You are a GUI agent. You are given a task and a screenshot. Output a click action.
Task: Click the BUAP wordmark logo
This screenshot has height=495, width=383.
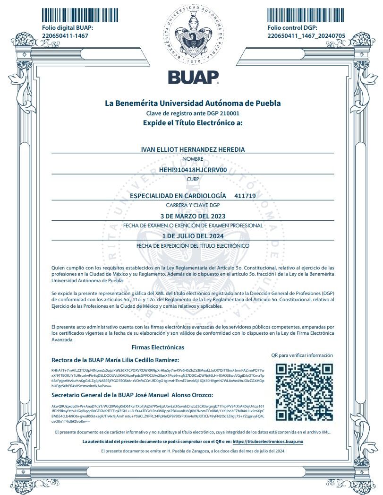193,77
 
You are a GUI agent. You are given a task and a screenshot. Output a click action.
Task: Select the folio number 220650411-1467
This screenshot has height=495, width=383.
65,35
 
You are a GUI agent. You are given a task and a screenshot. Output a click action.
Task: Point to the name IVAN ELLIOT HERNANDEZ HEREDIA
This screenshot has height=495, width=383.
193,149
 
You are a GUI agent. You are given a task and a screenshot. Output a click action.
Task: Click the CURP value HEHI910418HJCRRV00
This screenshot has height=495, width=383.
193,170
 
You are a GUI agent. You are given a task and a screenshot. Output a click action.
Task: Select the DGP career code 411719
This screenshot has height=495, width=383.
245,196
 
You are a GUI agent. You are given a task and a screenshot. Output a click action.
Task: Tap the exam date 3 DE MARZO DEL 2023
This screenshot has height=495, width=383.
193,216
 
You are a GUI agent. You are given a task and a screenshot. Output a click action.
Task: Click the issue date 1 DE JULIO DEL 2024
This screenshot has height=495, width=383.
193,236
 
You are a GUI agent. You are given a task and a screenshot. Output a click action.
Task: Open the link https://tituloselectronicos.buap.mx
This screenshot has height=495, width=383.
268,441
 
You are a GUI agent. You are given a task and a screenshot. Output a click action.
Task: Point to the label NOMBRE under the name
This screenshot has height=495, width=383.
193,159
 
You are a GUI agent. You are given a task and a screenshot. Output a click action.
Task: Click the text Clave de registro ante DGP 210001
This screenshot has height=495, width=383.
193,113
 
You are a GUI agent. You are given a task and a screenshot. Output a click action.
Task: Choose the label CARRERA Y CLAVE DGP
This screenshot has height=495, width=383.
193,205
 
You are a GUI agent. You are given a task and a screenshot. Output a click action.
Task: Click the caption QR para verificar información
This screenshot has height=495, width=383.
302,355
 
